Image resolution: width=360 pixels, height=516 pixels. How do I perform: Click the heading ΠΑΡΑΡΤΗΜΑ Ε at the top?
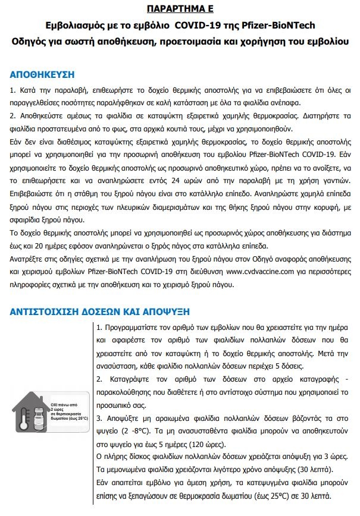click(180, 10)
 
